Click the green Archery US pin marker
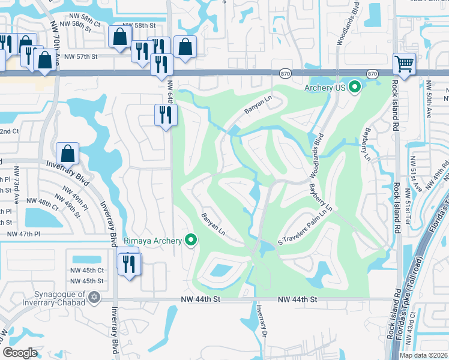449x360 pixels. pyautogui.click(x=354, y=88)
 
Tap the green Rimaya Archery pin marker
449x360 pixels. pyautogui.click(x=191, y=241)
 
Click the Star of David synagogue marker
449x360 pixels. pyautogui.click(x=93, y=297)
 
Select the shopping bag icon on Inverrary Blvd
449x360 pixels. pyautogui.click(x=68, y=154)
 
